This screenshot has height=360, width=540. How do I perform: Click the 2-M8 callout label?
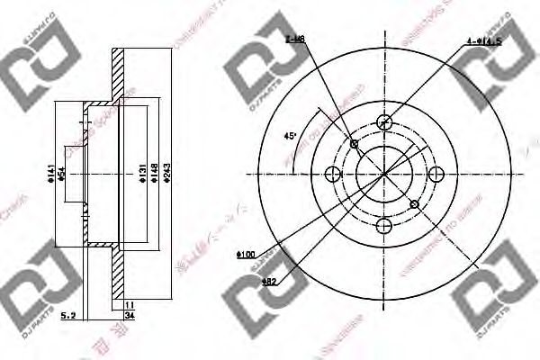293,40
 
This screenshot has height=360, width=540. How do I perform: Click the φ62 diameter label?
268,281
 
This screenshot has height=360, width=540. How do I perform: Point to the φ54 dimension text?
62,173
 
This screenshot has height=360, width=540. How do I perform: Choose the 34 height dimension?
129,316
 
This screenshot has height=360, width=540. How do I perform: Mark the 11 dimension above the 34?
129,305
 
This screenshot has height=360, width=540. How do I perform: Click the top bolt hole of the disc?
384,121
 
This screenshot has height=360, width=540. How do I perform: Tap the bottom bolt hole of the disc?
384,225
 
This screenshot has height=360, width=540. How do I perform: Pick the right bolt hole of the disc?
436,174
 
